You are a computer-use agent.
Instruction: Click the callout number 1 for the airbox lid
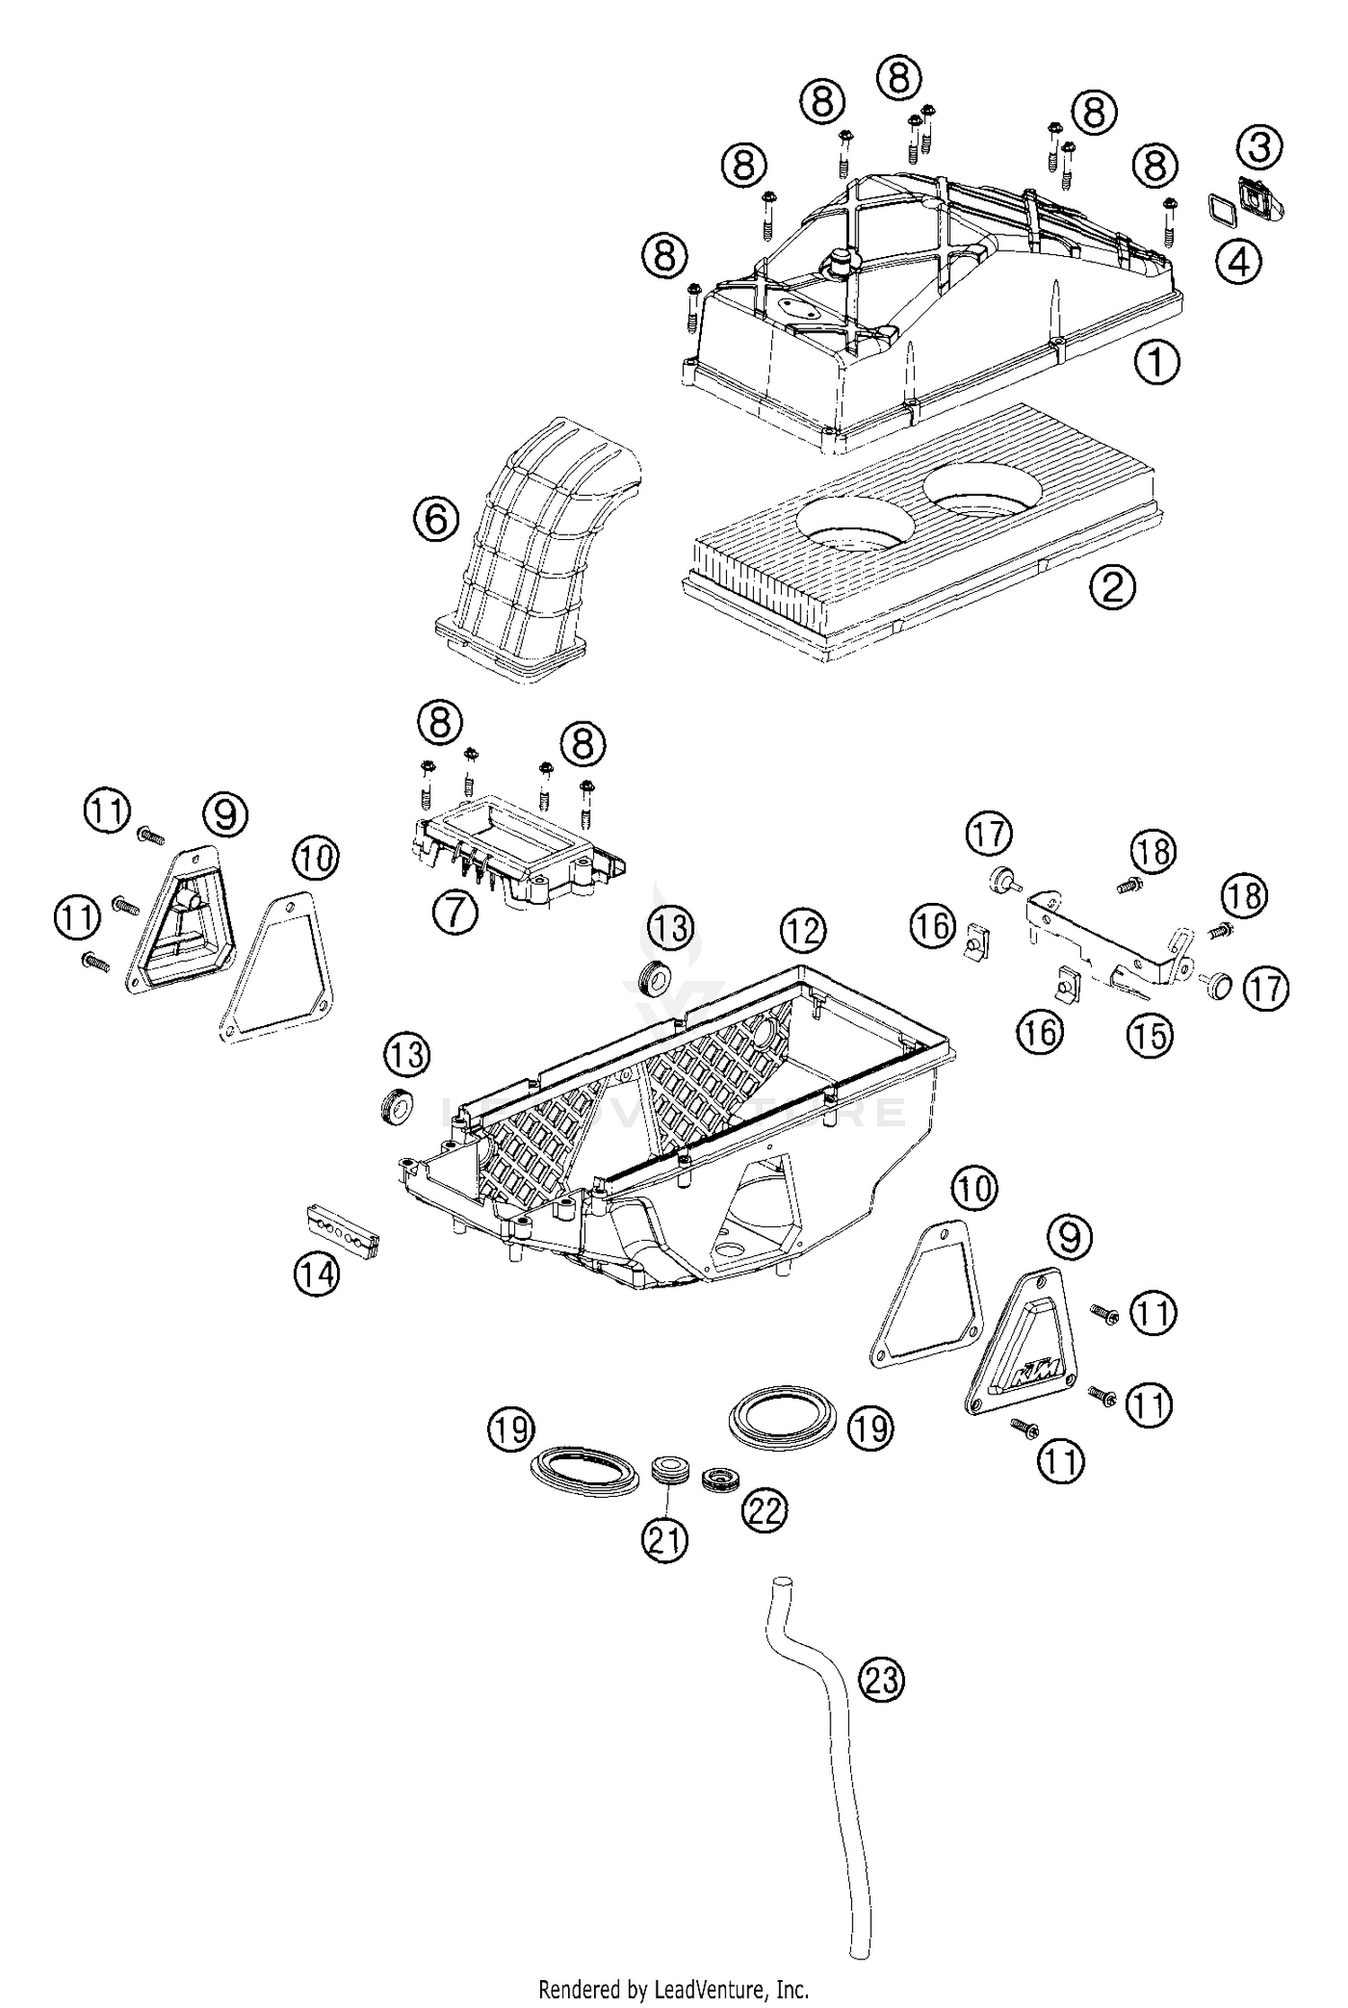1157,362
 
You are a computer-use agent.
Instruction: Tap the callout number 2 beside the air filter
1113,588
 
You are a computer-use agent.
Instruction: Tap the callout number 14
316,1274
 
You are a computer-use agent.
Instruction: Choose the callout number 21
665,1540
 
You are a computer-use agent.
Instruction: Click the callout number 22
764,1509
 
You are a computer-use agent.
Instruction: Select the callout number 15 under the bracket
1150,1036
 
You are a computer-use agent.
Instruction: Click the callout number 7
455,913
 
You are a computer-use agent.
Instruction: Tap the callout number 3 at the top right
1260,146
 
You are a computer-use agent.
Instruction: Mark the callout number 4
1238,262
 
